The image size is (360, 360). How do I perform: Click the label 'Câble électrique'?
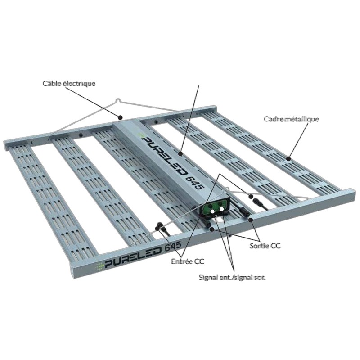coord(69,83)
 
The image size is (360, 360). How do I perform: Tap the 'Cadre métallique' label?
coord(291,119)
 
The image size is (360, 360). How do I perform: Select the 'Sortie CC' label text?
coord(265,246)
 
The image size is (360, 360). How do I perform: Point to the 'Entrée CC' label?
coord(188,261)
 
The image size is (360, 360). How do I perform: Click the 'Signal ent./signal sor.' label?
coord(232,277)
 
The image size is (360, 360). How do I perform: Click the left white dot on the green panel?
coord(213,211)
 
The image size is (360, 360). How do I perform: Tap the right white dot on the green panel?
coord(221,209)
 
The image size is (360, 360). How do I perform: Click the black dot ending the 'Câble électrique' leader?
coord(120,117)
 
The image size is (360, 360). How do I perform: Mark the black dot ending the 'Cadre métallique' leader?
coord(288,158)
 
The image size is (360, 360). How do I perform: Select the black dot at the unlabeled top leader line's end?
coord(181,153)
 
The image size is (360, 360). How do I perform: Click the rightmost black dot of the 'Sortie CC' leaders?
coord(251,220)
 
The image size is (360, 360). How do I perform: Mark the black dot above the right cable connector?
coord(251,197)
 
